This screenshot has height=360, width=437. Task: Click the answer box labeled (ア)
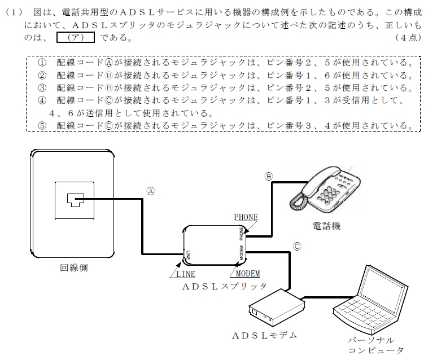click(x=76, y=37)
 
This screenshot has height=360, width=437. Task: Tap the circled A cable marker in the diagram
click(x=151, y=191)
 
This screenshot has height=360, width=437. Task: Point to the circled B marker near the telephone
click(x=268, y=177)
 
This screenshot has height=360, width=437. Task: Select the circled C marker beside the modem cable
click(x=297, y=247)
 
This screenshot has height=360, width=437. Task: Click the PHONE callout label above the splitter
click(x=246, y=217)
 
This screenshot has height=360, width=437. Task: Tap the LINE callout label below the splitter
click(x=185, y=274)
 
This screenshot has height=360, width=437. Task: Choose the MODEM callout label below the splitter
click(x=248, y=274)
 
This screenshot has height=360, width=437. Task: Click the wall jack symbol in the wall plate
click(x=76, y=200)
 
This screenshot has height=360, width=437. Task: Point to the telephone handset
click(x=321, y=181)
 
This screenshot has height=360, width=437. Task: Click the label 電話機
click(x=326, y=226)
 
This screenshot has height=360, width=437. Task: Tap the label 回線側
click(x=74, y=268)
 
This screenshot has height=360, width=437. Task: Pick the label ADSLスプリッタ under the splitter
click(x=225, y=286)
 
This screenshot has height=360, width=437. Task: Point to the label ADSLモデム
click(x=265, y=336)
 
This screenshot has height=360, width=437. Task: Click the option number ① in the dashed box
click(x=42, y=63)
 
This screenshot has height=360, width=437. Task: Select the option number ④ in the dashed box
click(x=42, y=100)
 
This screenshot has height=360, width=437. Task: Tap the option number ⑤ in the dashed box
click(x=42, y=126)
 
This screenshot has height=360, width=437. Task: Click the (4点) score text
click(x=408, y=38)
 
